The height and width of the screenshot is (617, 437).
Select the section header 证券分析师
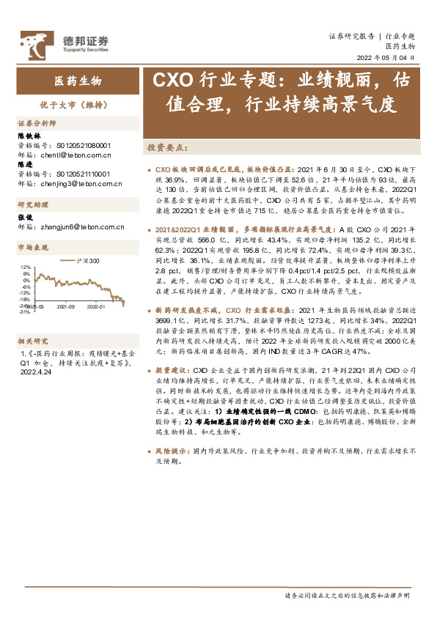(36, 124)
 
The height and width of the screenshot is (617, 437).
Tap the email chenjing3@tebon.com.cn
(76, 183)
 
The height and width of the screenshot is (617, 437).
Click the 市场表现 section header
(32, 248)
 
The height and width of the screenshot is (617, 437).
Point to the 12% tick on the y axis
(24, 267)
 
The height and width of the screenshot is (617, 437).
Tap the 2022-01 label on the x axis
(98, 307)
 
